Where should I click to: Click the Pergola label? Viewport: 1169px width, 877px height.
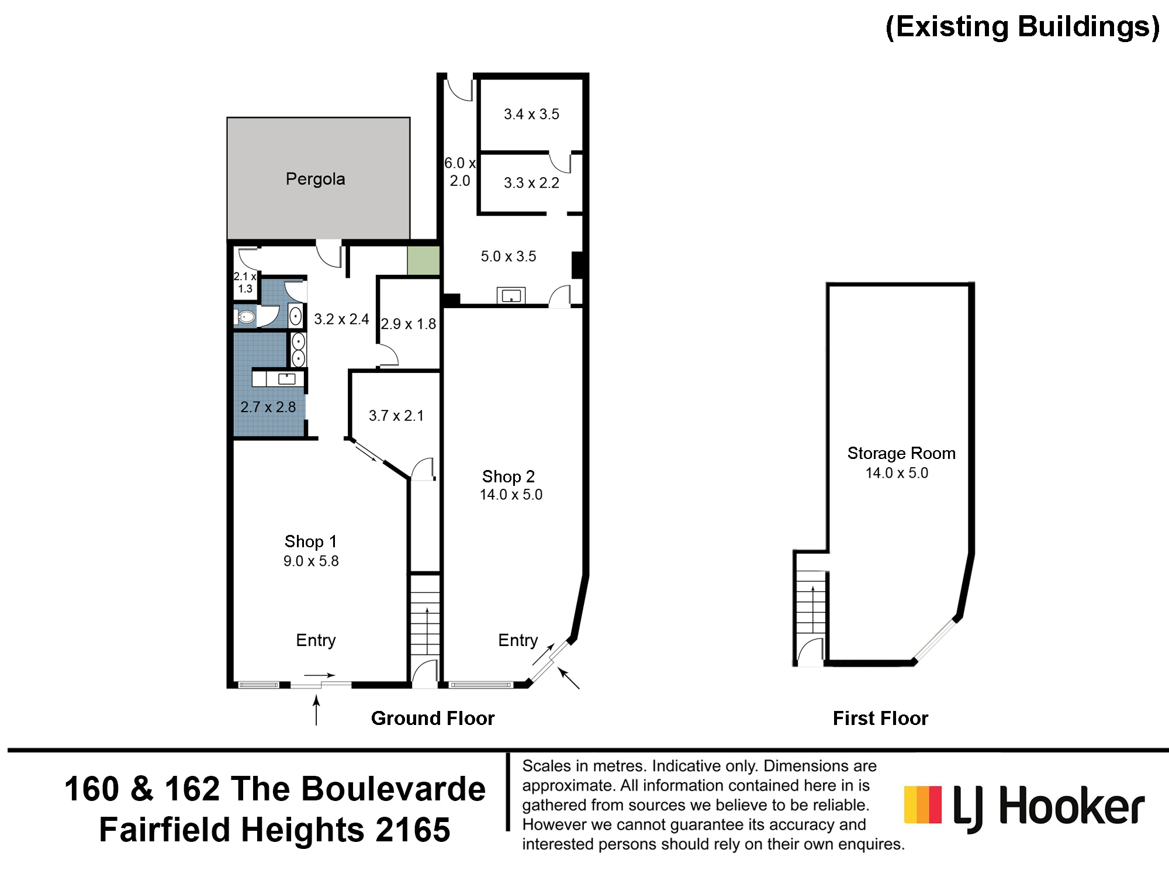point(315,179)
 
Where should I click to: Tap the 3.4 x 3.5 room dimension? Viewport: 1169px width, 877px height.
point(531,114)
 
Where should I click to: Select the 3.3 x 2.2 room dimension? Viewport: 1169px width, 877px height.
point(531,183)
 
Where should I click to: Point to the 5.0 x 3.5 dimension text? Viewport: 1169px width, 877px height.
point(508,256)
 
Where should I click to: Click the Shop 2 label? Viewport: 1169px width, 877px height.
point(508,477)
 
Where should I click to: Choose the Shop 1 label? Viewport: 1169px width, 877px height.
point(310,541)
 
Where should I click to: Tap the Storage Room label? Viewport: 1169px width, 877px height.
point(901,453)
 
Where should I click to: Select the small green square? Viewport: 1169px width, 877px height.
point(423,261)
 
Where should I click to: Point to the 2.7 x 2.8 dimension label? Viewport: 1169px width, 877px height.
point(268,407)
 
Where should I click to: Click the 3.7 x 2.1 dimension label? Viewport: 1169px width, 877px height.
point(396,416)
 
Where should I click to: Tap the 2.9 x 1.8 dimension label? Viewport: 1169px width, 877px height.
point(409,324)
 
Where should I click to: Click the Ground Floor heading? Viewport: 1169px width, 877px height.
point(433,718)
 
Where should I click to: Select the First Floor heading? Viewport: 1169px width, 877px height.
point(880,718)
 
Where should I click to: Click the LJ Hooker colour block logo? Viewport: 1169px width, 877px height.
point(923,805)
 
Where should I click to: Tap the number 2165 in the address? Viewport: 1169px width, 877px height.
point(413,830)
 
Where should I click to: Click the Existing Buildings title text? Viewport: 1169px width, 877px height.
point(1022,27)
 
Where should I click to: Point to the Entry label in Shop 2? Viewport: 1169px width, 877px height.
point(518,640)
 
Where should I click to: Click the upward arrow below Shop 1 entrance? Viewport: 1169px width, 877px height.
point(316,710)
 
